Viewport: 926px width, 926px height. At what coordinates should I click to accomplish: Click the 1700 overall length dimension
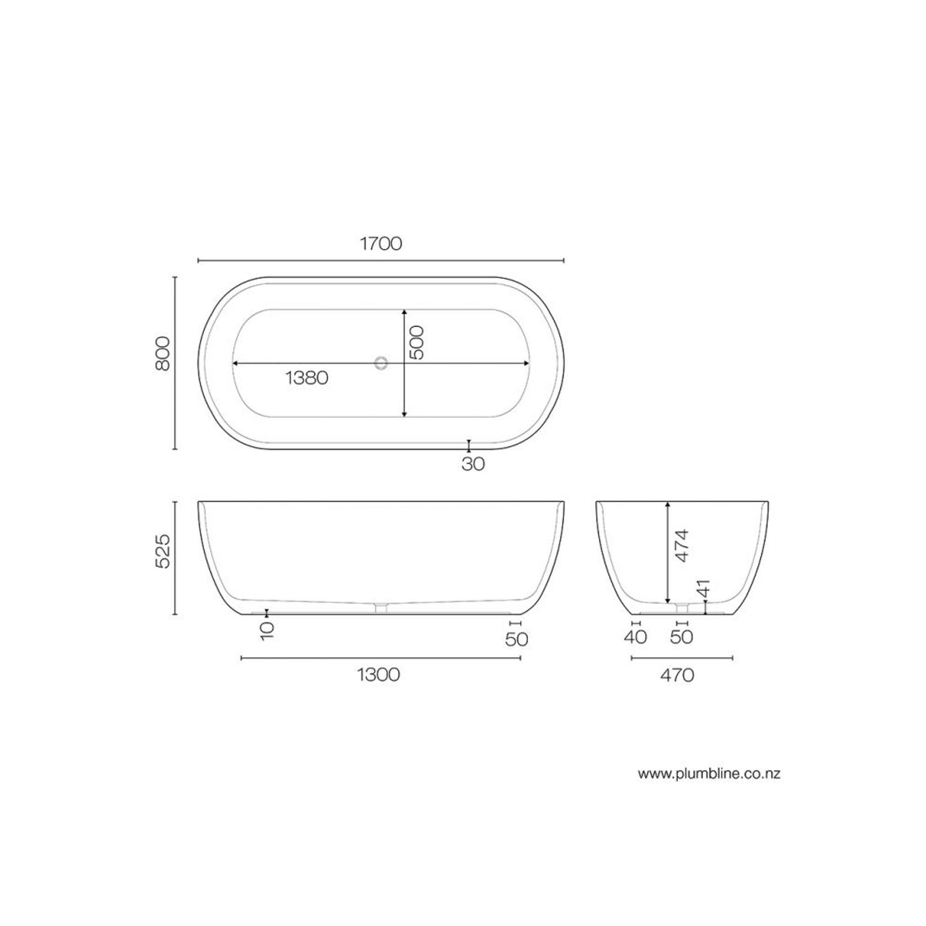point(381,244)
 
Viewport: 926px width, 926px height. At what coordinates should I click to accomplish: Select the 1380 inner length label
point(307,378)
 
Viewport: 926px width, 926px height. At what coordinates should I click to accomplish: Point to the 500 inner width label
point(417,343)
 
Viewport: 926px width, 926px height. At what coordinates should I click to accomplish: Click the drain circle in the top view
point(381,363)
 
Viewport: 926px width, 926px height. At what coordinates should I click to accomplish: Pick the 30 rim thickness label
point(473,464)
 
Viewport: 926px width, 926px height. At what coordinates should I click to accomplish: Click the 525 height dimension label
point(163,551)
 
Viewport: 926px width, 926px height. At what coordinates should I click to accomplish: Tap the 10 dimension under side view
point(267,630)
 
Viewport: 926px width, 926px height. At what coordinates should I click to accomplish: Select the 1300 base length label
point(379,675)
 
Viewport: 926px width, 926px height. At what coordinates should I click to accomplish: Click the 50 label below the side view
point(517,639)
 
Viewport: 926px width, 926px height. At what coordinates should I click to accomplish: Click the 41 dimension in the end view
point(702,589)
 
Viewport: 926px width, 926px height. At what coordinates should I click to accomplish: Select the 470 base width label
point(677,675)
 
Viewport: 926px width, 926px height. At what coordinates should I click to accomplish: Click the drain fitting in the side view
point(381,607)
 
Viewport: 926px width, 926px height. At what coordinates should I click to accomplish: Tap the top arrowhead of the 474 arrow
point(668,504)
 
